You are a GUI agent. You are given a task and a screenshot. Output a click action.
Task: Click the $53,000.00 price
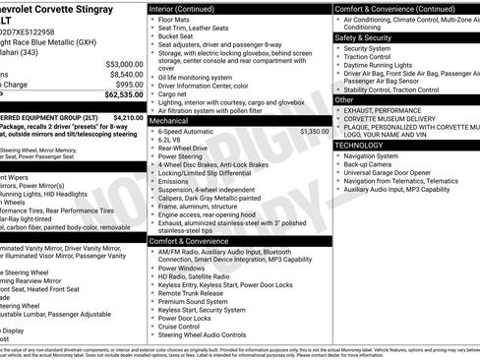[123, 64]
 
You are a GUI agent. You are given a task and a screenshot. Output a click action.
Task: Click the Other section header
[344, 100]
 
